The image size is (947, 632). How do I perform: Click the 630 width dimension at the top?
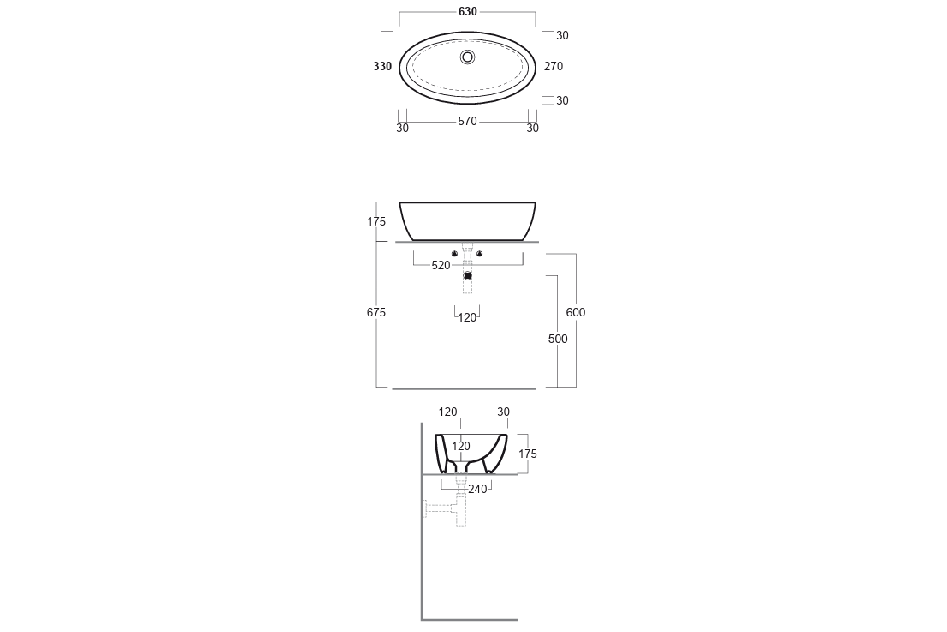click(467, 11)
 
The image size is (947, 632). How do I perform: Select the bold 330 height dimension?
click(382, 67)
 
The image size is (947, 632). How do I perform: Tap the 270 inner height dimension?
click(554, 67)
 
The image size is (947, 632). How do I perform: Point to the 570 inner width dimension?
click(467, 122)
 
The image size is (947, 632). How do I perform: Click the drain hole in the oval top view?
click(467, 57)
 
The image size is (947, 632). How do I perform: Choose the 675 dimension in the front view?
click(375, 312)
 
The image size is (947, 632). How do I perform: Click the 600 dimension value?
click(576, 312)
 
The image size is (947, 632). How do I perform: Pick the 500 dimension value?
click(558, 339)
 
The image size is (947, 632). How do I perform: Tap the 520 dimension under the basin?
click(441, 265)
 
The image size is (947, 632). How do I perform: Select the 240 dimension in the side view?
click(477, 490)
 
